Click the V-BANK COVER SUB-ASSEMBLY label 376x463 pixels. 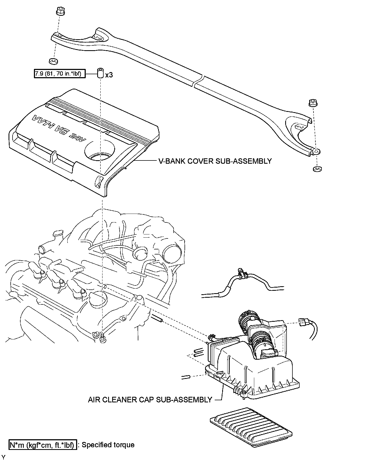pyautogui.click(x=214, y=161)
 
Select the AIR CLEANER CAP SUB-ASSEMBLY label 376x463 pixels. pyautogui.click(x=150, y=400)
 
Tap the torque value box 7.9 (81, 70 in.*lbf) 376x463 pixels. pyautogui.click(x=60, y=73)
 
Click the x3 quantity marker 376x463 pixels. pyautogui.click(x=109, y=75)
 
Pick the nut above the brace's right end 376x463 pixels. pyautogui.click(x=312, y=103)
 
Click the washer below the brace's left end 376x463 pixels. pyautogui.click(x=54, y=61)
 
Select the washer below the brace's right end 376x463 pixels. pyautogui.click(x=317, y=169)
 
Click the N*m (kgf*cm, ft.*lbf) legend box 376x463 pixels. pyautogui.click(x=43, y=445)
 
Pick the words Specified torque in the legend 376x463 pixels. pyautogui.click(x=108, y=445)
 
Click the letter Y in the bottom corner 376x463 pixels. pyautogui.click(x=3, y=458)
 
